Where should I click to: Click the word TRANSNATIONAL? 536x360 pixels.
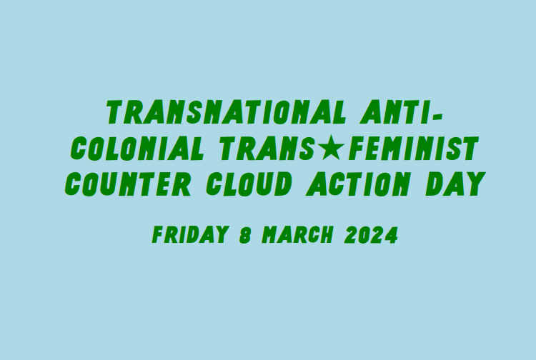tap(226, 112)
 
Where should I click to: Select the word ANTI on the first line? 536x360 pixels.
tap(394, 112)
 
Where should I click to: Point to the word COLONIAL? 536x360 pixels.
tap(137, 149)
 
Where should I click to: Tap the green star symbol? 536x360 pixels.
tap(331, 147)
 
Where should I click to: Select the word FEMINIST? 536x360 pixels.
tap(413, 149)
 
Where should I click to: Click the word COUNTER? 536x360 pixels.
tap(128, 184)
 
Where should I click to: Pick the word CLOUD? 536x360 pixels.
tap(249, 184)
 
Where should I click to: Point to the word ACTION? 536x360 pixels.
tap(357, 184)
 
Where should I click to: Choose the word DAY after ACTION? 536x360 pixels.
tap(456, 184)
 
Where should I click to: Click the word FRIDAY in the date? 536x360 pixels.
tap(190, 235)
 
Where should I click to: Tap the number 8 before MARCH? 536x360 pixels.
tap(245, 235)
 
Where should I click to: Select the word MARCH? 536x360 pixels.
tap(297, 235)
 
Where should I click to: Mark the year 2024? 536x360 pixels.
tap(371, 235)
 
